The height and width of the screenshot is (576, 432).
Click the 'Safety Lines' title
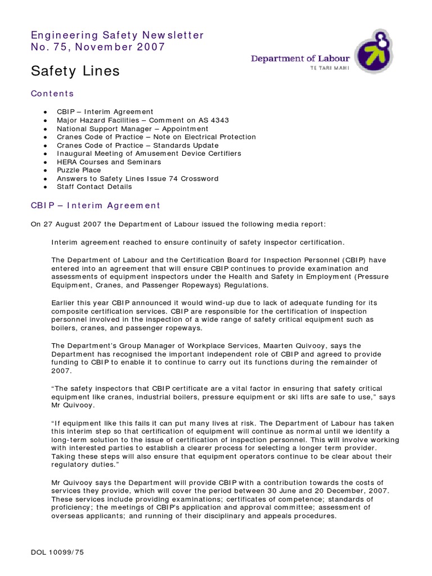75,71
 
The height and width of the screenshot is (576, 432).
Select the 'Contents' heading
52,93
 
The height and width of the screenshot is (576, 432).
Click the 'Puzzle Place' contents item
79,170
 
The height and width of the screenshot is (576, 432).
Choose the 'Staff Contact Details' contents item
94,187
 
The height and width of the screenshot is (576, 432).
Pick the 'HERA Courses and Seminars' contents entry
109,162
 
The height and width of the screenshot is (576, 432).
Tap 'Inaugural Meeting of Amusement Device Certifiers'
148,154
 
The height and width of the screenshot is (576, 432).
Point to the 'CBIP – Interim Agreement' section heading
96,206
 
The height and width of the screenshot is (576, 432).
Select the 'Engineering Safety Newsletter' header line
117,35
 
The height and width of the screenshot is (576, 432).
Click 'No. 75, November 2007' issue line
98,47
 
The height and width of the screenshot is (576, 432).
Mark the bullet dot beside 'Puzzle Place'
44,170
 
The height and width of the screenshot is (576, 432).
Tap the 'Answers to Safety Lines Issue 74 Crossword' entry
137,178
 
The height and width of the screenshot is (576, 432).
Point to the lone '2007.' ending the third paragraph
61,371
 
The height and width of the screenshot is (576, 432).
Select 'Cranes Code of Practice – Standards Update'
138,145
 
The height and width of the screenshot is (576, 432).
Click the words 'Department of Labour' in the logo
300,58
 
